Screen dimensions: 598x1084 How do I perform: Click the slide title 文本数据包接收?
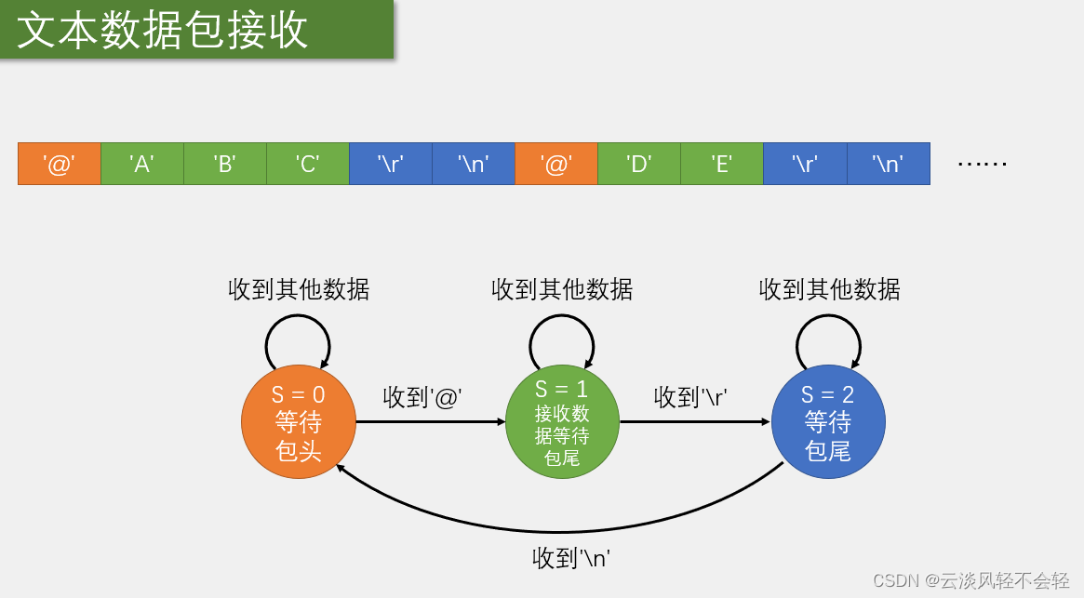point(163,30)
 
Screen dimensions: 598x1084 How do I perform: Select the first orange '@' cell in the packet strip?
point(60,164)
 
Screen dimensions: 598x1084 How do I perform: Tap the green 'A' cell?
point(142,164)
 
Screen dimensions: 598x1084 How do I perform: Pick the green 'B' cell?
point(225,164)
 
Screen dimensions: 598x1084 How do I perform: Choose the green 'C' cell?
point(308,164)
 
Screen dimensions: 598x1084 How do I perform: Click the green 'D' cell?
point(639,164)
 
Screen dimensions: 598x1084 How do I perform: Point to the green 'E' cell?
point(722,164)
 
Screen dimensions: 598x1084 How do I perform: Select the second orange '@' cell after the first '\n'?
point(556,164)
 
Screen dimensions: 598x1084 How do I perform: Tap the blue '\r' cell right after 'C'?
point(391,164)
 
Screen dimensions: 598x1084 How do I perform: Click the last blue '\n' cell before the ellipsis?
point(889,164)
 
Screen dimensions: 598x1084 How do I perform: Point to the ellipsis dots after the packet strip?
point(983,164)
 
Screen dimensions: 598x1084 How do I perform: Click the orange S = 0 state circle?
point(299,422)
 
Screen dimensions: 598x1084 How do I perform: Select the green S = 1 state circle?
point(562,422)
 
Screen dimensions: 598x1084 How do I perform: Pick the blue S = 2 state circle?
point(828,422)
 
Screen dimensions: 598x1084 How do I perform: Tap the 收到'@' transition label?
point(423,397)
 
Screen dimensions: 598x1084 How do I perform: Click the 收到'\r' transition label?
point(691,397)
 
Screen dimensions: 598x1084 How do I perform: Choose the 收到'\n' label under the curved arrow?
point(571,558)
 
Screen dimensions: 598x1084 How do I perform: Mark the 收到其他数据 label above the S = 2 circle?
point(830,289)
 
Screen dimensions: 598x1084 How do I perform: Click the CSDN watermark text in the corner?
point(970,580)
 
